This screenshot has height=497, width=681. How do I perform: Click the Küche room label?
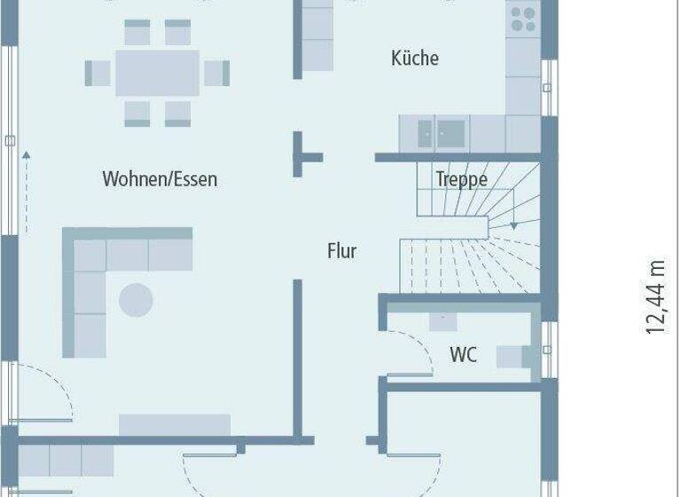(x=415, y=59)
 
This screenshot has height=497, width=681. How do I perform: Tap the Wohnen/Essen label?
(x=160, y=179)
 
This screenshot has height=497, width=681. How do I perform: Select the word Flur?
(x=341, y=251)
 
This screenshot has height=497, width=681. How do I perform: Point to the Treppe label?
(x=461, y=179)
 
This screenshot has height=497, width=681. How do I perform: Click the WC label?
(x=463, y=355)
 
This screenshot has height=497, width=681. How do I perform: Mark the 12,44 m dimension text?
(x=655, y=296)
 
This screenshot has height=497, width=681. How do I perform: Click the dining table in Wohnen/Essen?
(x=158, y=73)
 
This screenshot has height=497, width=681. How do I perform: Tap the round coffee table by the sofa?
(x=136, y=300)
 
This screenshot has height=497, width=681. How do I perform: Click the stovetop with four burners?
(x=523, y=20)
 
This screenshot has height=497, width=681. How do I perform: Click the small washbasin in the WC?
(x=443, y=320)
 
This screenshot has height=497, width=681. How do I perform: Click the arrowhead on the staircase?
(x=513, y=226)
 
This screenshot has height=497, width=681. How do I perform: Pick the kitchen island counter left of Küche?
(x=317, y=40)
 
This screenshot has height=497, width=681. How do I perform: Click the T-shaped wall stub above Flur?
(x=307, y=157)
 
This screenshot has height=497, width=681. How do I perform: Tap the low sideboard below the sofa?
(x=175, y=424)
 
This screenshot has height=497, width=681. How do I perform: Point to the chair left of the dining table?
(x=97, y=73)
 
